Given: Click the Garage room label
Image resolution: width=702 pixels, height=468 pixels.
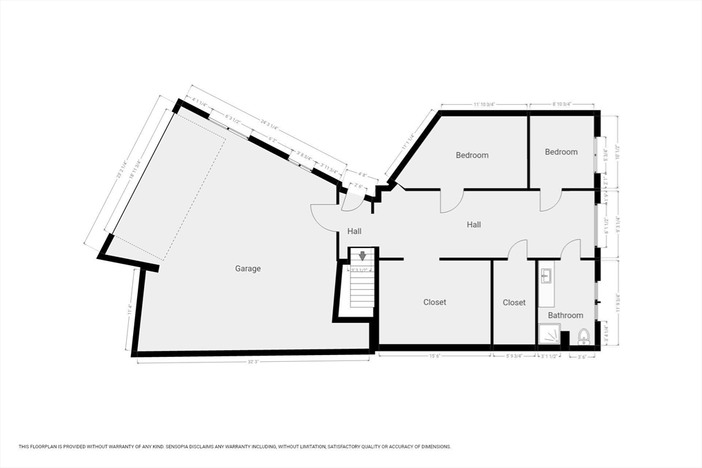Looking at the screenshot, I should coord(248,269).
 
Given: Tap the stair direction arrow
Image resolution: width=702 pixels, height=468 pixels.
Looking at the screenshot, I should coord(363,256).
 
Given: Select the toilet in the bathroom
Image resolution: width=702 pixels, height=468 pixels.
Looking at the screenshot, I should coord(584,336).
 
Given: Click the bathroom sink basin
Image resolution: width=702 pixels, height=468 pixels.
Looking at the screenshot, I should coord(547,276).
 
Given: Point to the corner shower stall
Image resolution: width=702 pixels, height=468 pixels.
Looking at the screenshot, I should coord(548,334).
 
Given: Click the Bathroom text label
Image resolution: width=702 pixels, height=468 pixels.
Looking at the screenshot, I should coord(565,315).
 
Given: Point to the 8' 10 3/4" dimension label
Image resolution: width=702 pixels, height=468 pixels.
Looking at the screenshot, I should coord(562,104).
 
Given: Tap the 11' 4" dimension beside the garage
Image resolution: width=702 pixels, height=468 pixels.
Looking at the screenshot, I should coord(129,310).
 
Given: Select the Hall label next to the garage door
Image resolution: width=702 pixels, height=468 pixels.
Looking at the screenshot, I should coord(354,231).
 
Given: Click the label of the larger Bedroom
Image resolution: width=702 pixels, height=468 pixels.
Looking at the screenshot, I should coord(472,155).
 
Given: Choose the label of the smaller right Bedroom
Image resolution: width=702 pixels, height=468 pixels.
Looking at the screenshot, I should coord(561,151).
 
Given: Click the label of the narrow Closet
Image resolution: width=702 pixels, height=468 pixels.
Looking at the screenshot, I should coord(514,302).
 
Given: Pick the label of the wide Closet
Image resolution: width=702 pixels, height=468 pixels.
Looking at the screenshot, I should coord(435,301).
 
